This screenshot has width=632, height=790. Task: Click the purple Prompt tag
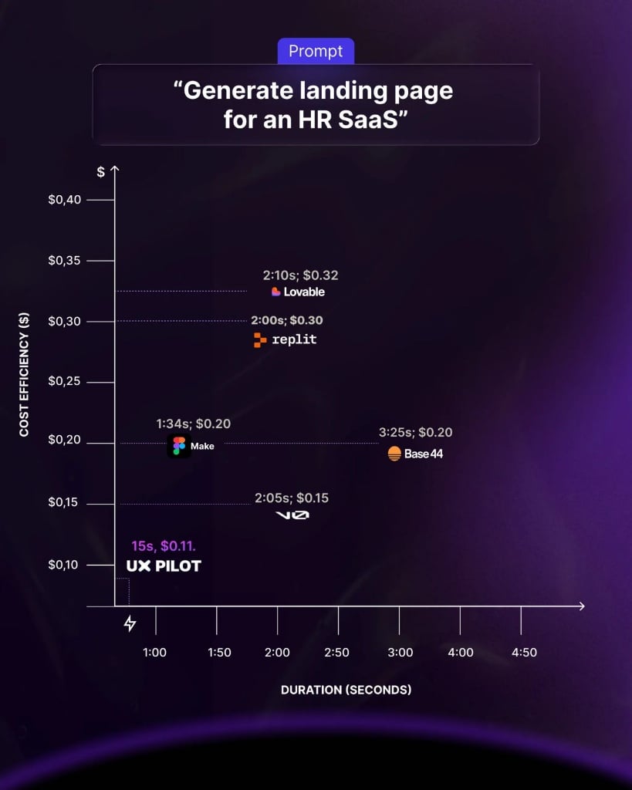point(316,52)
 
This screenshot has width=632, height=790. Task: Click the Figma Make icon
point(179,446)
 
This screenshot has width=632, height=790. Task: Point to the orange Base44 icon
point(394,454)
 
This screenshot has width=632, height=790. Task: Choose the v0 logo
point(292,515)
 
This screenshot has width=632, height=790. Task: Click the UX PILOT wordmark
point(164,566)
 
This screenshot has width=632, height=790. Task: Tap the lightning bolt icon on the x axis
point(130,623)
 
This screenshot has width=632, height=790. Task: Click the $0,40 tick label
point(64,200)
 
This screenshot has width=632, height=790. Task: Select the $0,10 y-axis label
point(64,565)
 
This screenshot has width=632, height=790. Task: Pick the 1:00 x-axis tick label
point(155,653)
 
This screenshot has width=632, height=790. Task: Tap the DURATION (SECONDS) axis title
point(346,689)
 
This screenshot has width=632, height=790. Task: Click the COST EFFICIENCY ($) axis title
point(24,375)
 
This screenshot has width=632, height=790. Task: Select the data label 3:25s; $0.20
point(415,433)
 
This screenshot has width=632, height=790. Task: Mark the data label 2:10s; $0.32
point(300,275)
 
